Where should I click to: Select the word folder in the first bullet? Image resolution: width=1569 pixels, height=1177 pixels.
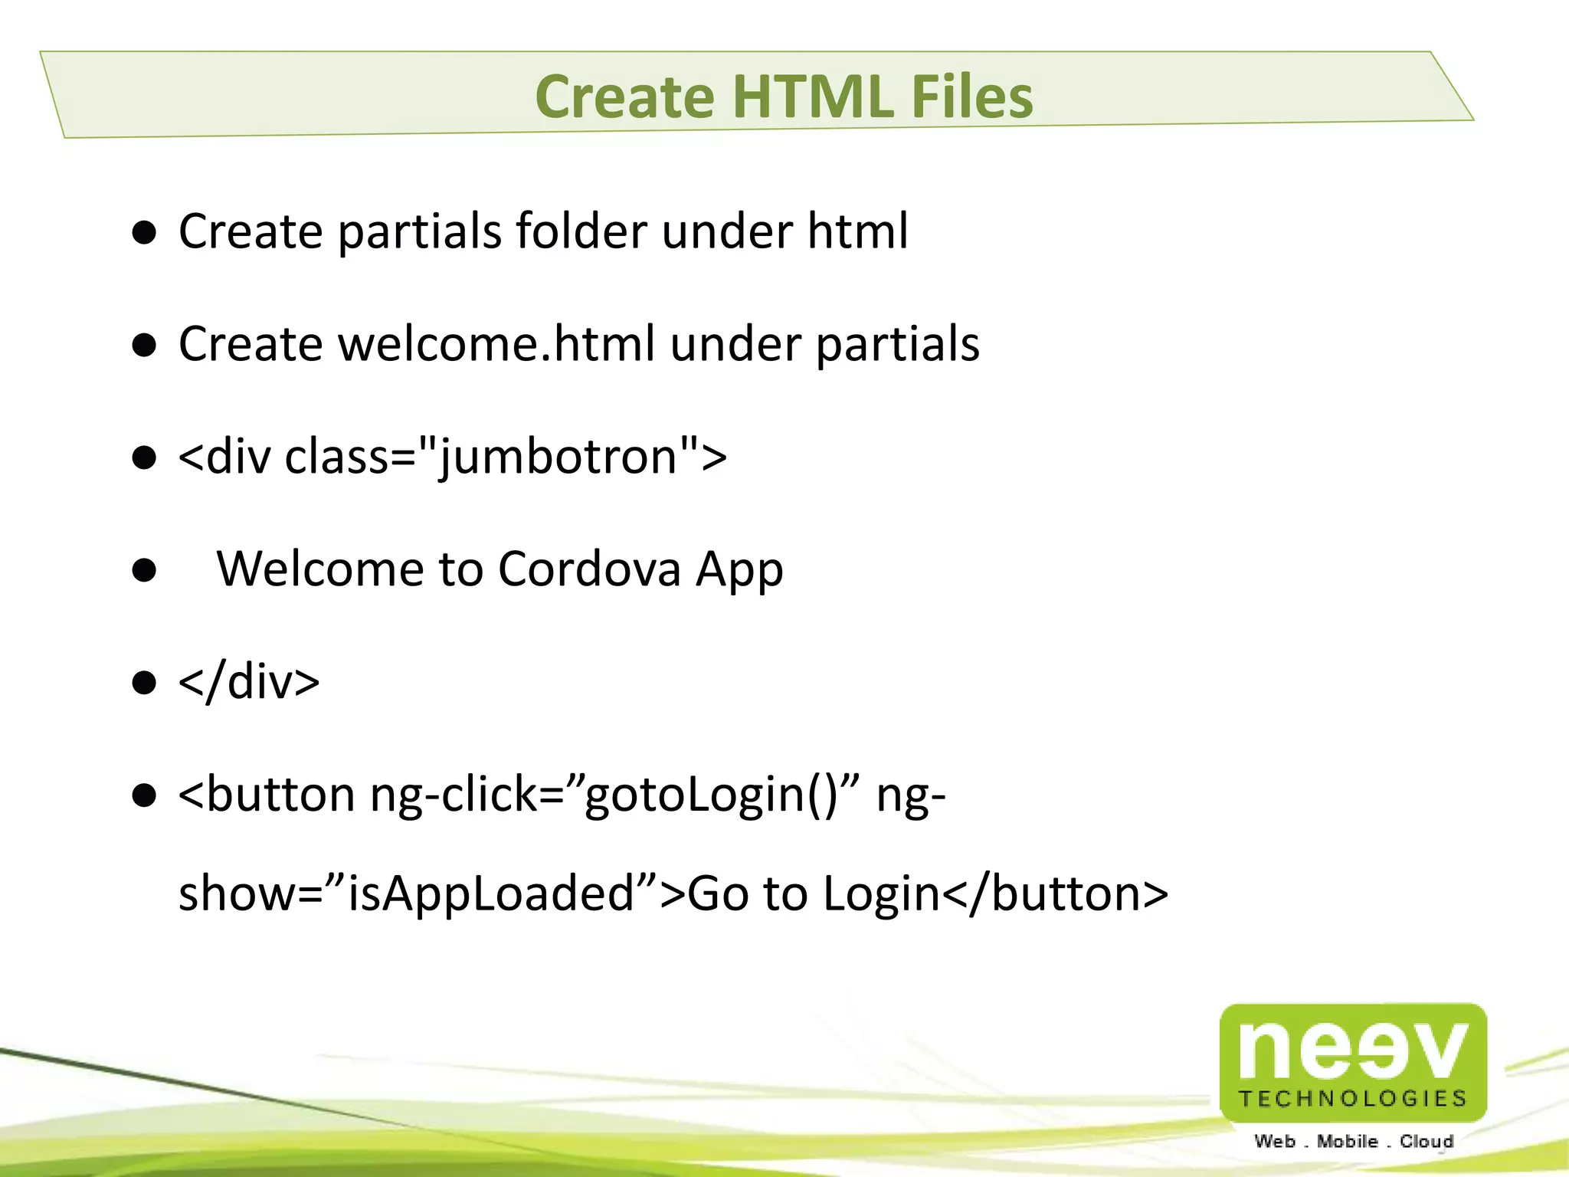pos(581,231)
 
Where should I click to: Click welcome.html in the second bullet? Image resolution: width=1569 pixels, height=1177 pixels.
pos(496,343)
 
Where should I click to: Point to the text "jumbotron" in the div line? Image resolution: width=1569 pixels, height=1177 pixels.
pos(558,457)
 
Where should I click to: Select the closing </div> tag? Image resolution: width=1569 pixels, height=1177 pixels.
pos(249,681)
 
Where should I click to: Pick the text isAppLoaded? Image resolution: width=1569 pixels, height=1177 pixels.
pos(491,893)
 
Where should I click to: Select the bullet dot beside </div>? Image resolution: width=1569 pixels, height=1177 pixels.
pos(144,682)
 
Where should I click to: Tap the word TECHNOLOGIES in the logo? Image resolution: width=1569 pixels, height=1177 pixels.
pos(1353,1099)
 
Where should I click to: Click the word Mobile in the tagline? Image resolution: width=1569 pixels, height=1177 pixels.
pos(1347,1141)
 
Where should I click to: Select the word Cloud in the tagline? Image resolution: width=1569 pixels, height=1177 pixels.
pos(1427,1141)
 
